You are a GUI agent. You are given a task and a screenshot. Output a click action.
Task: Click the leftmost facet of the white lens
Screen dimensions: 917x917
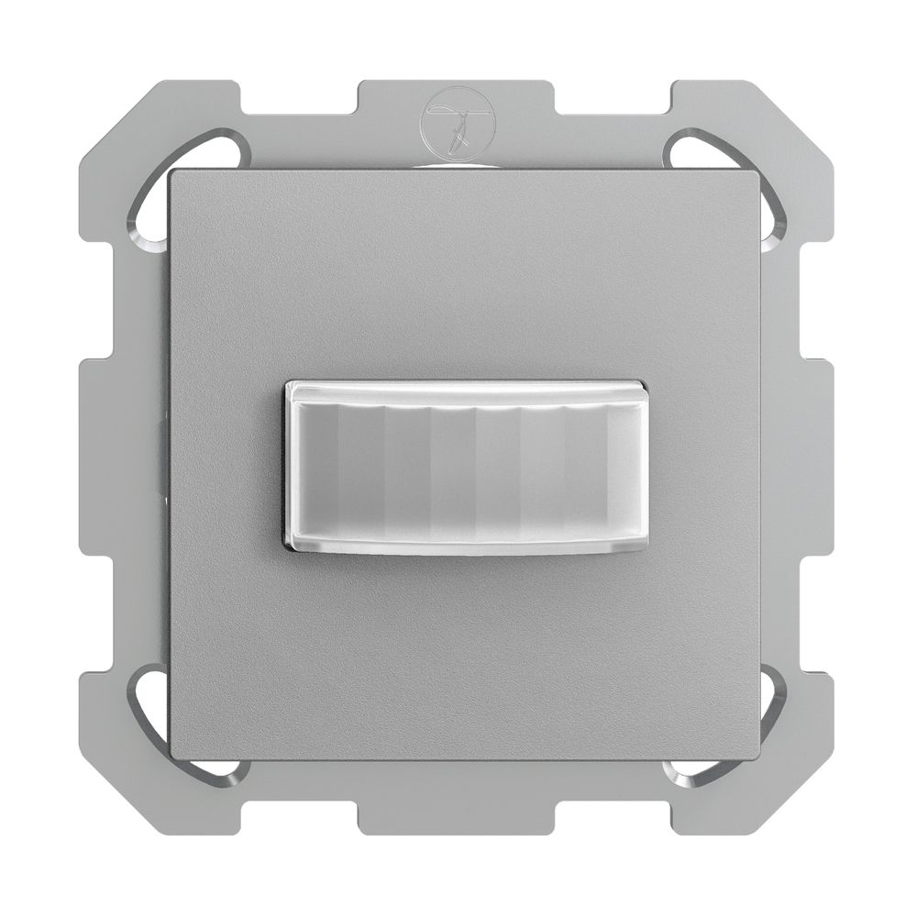pyautogui.click(x=317, y=469)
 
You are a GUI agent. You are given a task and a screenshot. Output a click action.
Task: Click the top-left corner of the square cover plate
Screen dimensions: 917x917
pyautogui.click(x=174, y=174)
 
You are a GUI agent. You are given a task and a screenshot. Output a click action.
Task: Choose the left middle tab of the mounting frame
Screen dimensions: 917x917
pyautogui.click(x=101, y=458)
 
